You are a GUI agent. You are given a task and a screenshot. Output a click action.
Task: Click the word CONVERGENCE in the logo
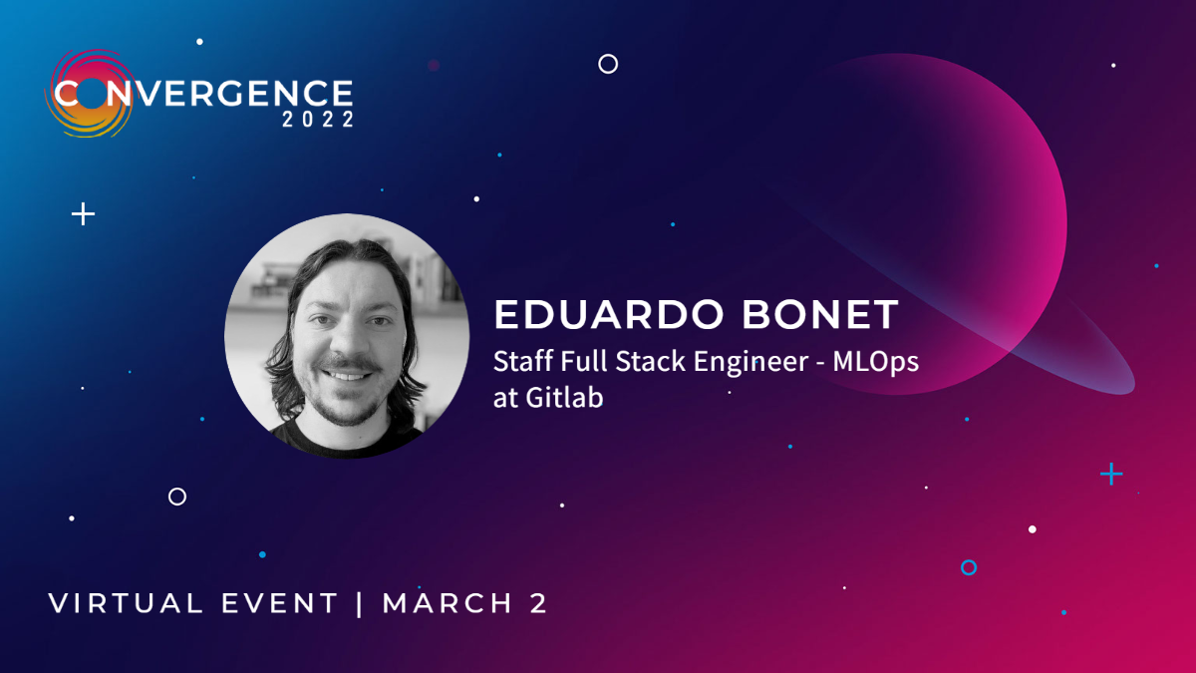point(204,95)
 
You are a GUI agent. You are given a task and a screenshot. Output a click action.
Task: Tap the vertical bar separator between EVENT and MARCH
point(360,603)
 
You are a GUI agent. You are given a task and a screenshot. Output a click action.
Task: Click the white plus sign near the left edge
point(84,213)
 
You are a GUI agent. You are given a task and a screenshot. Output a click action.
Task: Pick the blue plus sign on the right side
point(1110,474)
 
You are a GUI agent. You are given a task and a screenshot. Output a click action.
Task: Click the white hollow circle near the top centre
point(608,64)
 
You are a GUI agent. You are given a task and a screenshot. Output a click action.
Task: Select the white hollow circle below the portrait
point(177,496)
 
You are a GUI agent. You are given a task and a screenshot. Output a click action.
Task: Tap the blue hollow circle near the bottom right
point(968,567)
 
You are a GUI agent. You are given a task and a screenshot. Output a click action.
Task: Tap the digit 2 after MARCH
point(538,603)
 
